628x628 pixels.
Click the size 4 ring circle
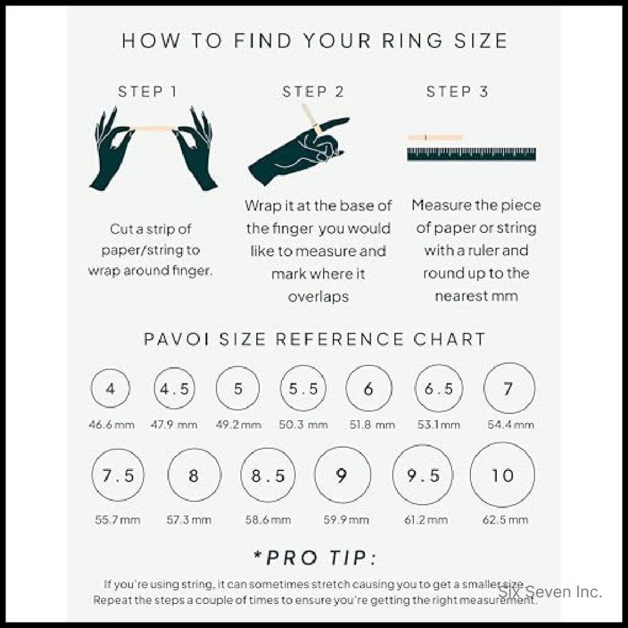click(x=111, y=389)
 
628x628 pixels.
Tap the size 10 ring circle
click(x=502, y=475)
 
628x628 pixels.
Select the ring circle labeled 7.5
click(x=118, y=475)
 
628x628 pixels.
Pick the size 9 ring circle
click(x=341, y=475)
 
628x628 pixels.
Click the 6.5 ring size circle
click(x=438, y=389)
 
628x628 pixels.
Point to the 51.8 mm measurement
click(x=368, y=425)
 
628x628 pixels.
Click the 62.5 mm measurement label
click(x=502, y=520)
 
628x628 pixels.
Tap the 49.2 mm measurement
click(x=238, y=425)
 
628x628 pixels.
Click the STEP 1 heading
click(x=148, y=92)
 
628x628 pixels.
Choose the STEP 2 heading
click(x=313, y=92)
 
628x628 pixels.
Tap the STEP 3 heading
click(x=457, y=92)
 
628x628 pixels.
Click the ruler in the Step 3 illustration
click(x=471, y=154)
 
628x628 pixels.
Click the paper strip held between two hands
click(x=154, y=128)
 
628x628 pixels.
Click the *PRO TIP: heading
click(x=315, y=558)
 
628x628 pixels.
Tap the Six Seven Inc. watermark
click(x=551, y=592)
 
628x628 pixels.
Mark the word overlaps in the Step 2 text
click(x=318, y=296)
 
